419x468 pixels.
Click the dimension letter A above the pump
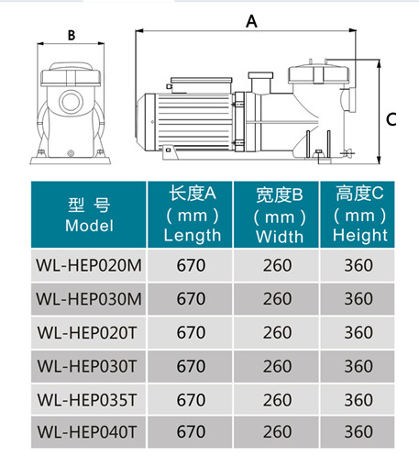coord(251,21)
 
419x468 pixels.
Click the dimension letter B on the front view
coord(72,35)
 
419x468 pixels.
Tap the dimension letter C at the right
coord(391,119)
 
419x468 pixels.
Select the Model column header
coord(89,215)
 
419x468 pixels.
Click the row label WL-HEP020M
coord(89,265)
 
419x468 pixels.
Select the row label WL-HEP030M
coord(89,299)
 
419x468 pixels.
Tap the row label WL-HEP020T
coord(87,332)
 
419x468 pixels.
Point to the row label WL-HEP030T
coord(87,366)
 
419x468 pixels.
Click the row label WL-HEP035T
coord(87,400)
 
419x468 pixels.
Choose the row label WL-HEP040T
coord(87,432)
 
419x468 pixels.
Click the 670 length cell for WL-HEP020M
coord(191,265)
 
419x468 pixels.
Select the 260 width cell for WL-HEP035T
coord(277,400)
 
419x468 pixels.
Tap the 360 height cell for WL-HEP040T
coord(358,432)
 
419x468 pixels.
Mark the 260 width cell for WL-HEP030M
coord(277,299)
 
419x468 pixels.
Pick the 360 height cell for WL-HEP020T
coord(358,332)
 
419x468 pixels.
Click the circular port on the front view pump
coord(71,102)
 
